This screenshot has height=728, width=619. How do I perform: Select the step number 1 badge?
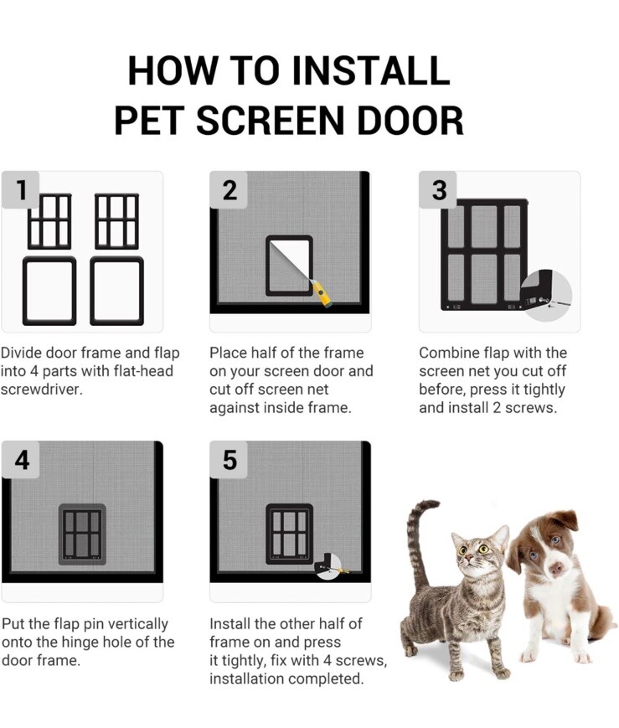(20, 190)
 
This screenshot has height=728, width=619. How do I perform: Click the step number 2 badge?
(229, 190)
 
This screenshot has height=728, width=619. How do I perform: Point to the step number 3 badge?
(438, 190)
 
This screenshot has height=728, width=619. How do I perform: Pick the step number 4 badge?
(20, 460)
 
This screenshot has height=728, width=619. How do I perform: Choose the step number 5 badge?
(229, 460)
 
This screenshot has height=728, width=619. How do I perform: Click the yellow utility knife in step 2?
(322, 293)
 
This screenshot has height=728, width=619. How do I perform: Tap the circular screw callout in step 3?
(545, 296)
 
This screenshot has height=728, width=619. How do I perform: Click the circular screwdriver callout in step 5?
(329, 566)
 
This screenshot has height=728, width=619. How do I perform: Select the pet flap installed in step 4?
(82, 534)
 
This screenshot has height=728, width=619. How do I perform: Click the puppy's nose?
(555, 568)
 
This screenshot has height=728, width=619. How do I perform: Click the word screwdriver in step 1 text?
(41, 389)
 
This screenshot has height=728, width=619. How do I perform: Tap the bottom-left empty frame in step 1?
(49, 291)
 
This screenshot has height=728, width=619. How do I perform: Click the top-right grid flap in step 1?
(117, 221)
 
